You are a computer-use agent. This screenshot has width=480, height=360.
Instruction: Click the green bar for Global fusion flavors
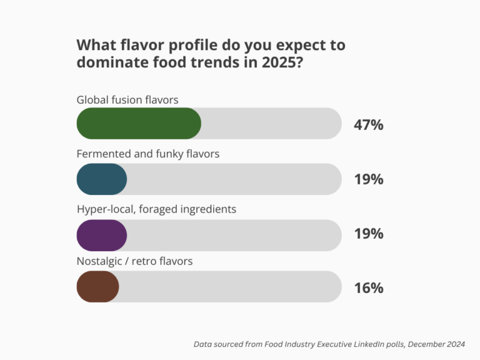139,123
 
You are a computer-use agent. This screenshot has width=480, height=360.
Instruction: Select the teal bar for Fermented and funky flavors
102,179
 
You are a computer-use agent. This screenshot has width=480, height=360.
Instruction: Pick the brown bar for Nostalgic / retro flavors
97,287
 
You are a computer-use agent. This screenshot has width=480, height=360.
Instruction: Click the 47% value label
368,124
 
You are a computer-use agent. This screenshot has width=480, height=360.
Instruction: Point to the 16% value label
368,288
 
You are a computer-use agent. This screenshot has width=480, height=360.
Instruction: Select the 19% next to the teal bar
368,179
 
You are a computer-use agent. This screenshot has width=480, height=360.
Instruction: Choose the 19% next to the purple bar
368,234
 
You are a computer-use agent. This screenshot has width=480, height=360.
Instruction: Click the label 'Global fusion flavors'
127,99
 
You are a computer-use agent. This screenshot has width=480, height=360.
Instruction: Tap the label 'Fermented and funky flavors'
148,154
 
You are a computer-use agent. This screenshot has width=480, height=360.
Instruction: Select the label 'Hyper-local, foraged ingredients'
156,209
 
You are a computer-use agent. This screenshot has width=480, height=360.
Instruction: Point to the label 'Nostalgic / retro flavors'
134,261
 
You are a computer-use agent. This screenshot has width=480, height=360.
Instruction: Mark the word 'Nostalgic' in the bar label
101,261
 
